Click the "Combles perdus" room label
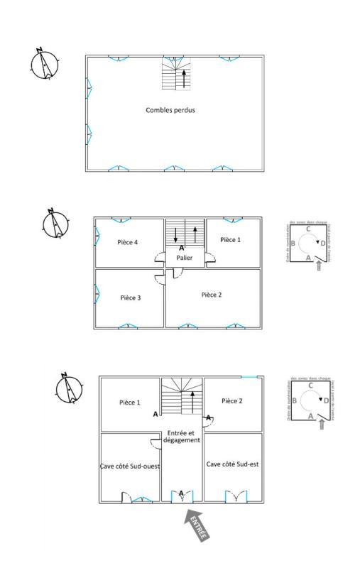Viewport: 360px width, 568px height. (170, 110)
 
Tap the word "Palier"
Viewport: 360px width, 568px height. (185, 258)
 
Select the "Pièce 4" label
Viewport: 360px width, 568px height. (127, 242)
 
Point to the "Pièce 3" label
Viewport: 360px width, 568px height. (130, 297)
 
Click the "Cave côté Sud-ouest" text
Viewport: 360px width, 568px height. (130, 466)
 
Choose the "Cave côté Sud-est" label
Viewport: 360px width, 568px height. (233, 464)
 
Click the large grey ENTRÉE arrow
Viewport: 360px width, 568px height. (196, 525)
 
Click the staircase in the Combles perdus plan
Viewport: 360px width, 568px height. (176, 73)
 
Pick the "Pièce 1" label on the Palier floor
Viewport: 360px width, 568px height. (230, 240)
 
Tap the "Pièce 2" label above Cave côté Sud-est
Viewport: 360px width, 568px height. (232, 401)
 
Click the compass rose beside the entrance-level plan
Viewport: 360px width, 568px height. (68, 388)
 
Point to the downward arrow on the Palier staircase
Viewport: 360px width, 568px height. (176, 233)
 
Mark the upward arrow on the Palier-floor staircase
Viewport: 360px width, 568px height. (193, 233)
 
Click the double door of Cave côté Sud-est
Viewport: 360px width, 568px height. (236, 496)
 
